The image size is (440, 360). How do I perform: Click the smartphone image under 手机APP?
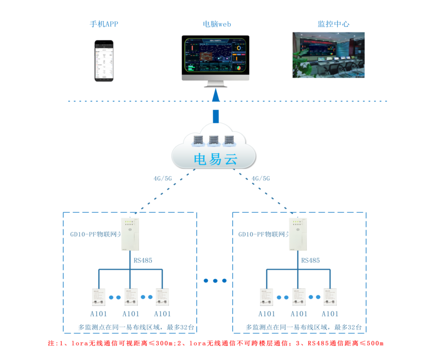pos(104,61)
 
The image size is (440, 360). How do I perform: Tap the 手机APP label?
pos(104,24)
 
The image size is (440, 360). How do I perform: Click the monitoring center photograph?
pos(329,55)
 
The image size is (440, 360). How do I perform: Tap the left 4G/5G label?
pos(163,179)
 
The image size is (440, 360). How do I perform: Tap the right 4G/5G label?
pos(261,179)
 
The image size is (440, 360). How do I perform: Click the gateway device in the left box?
pos(130,234)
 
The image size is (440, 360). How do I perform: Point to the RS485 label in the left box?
pos(143,260)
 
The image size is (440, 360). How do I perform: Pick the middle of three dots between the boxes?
pos(215,281)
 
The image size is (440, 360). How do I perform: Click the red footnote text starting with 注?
pos(215,343)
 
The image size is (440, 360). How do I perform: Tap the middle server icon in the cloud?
pos(214,141)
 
